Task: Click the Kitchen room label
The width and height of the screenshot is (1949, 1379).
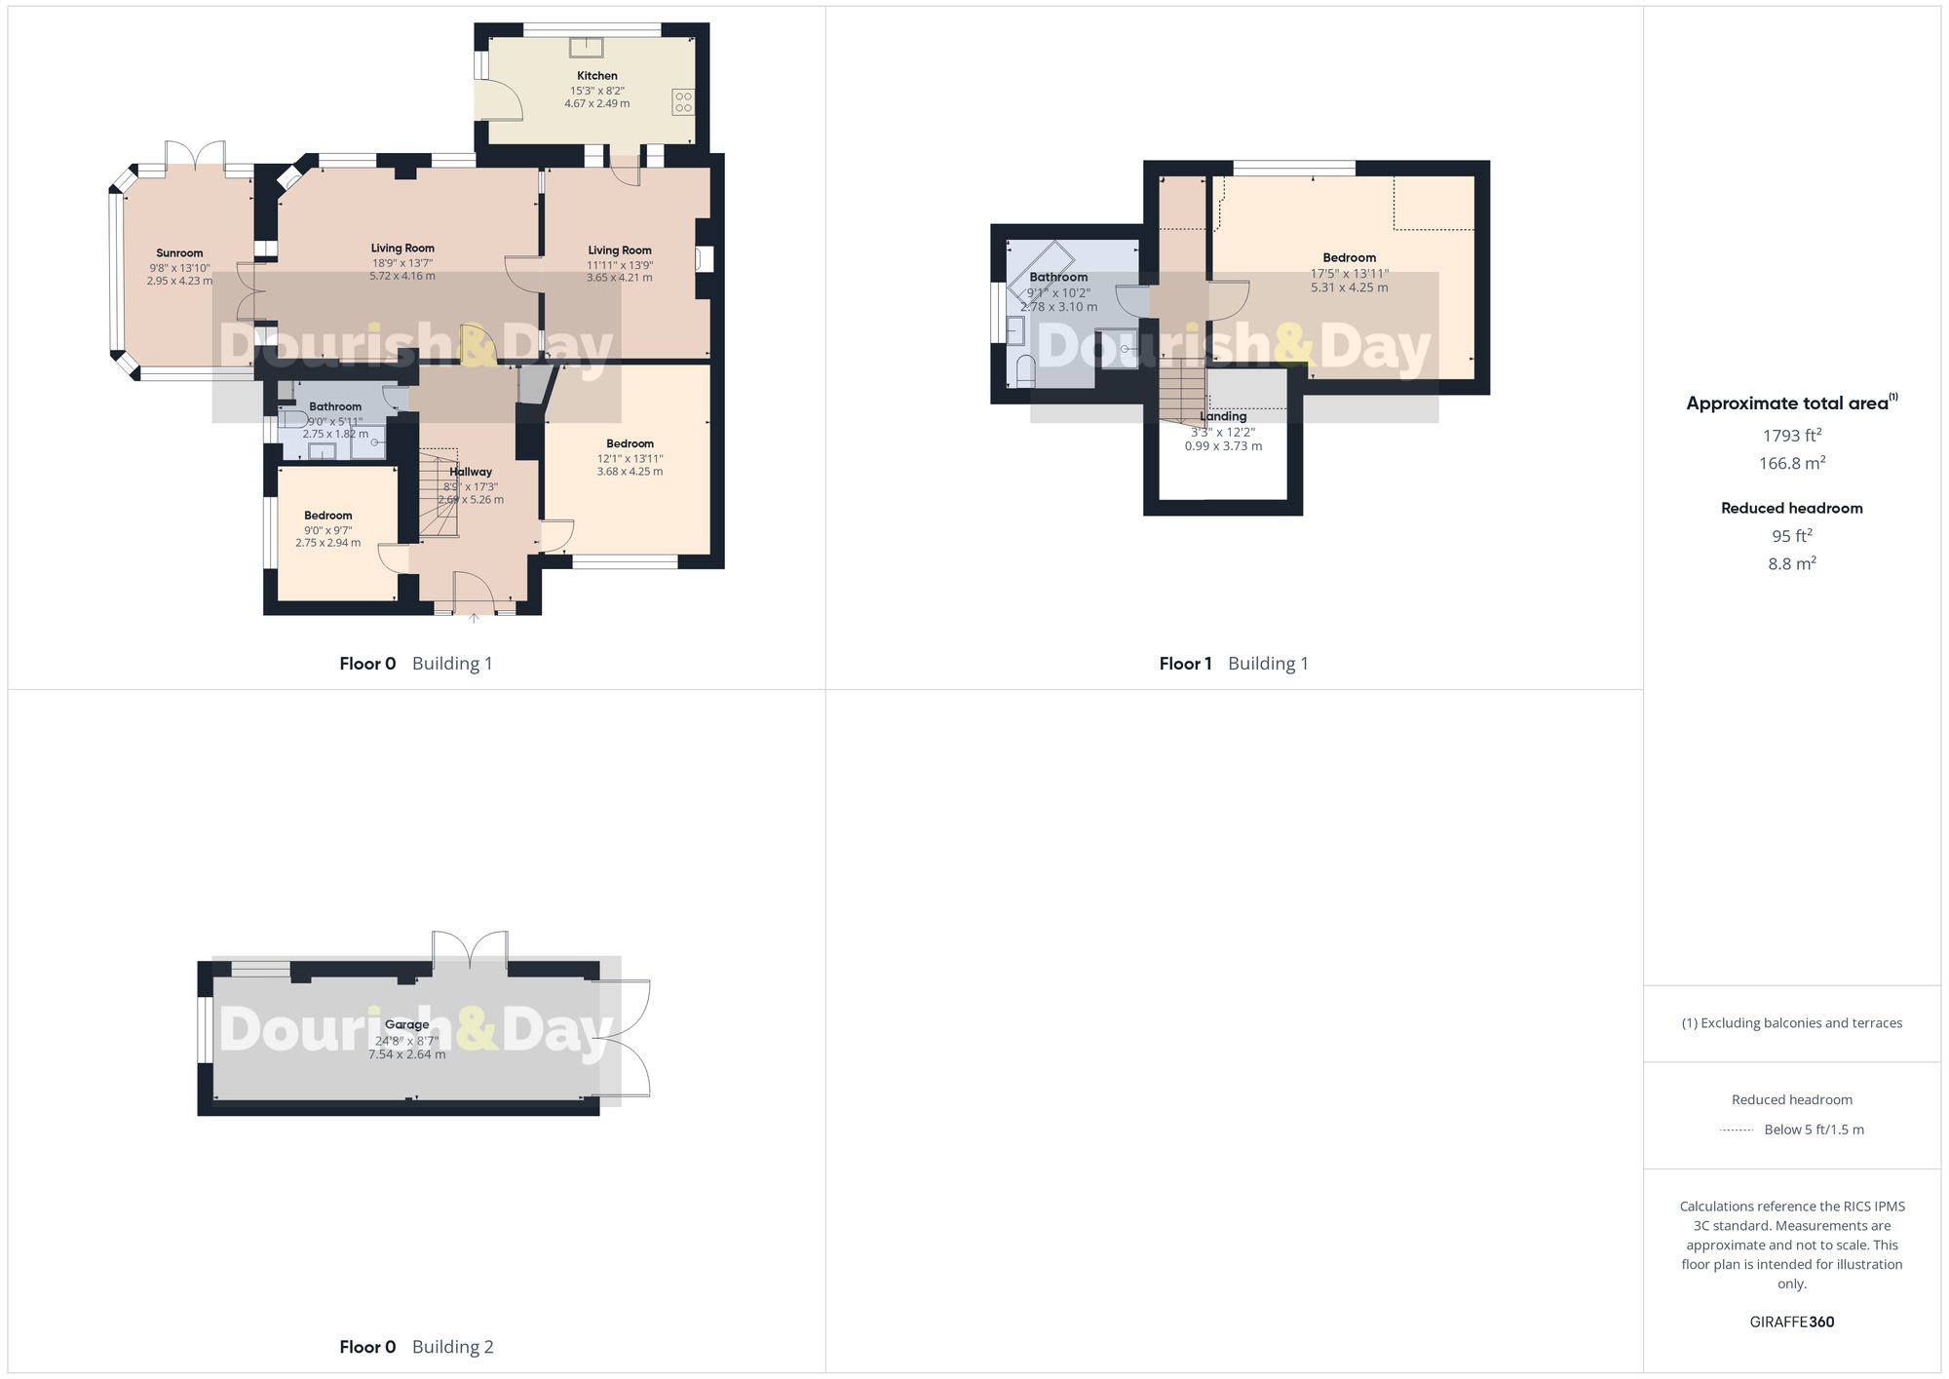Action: [596, 76]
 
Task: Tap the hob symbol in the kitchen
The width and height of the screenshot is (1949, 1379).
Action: [682, 101]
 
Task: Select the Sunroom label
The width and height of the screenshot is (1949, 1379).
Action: [179, 253]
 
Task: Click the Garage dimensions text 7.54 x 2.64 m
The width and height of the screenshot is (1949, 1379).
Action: [406, 1054]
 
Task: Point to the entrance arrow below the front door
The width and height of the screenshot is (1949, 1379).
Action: [474, 618]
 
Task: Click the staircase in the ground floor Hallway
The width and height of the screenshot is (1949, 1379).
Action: [438, 492]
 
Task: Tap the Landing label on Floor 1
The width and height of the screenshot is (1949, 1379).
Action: [1222, 416]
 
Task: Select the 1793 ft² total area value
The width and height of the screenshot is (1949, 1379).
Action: [1791, 436]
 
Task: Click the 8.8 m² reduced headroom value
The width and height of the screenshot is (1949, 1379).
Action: [1791, 563]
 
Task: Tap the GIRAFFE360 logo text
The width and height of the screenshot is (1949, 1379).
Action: [1791, 1322]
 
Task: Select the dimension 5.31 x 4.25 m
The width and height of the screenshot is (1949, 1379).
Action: [1349, 287]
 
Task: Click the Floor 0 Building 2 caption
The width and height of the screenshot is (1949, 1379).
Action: [416, 1347]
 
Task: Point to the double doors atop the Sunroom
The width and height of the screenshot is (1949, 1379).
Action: [195, 156]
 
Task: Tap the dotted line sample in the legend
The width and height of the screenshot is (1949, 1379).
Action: [1737, 1130]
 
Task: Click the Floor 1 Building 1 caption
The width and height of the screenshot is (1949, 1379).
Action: [1233, 664]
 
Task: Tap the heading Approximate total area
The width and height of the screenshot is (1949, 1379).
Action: [1787, 403]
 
